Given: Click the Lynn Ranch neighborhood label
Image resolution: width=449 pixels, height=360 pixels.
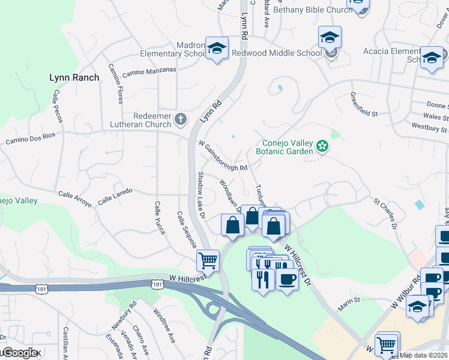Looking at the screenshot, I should point(74,77).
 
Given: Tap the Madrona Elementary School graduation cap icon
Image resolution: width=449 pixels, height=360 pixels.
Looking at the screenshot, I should point(217,48).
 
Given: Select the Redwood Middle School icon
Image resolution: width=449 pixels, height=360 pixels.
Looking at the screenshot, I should point(330,38).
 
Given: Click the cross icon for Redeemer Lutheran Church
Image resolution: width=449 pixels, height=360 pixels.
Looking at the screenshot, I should point(180,119).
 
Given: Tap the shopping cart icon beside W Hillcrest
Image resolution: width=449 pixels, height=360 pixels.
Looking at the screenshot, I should point(208,260).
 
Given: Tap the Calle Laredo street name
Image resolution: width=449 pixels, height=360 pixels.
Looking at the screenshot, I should point(115,196).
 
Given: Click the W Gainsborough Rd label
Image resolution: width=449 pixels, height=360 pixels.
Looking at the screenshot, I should point(223,157).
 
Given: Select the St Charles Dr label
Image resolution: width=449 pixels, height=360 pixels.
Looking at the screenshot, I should point(385,214).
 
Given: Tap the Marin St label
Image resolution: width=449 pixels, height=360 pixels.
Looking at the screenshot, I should point(348,300).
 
